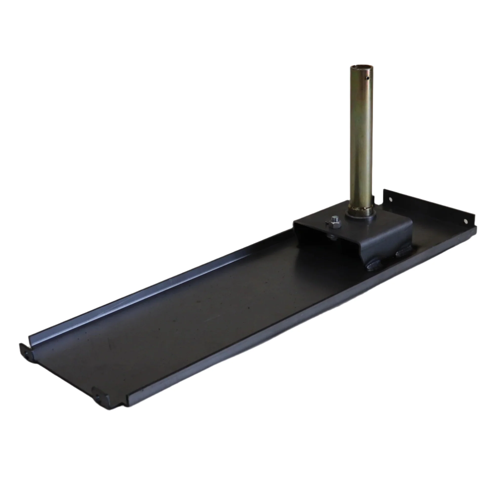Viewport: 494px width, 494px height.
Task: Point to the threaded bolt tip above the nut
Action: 333,219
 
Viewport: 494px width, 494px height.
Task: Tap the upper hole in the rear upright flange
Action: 390,199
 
